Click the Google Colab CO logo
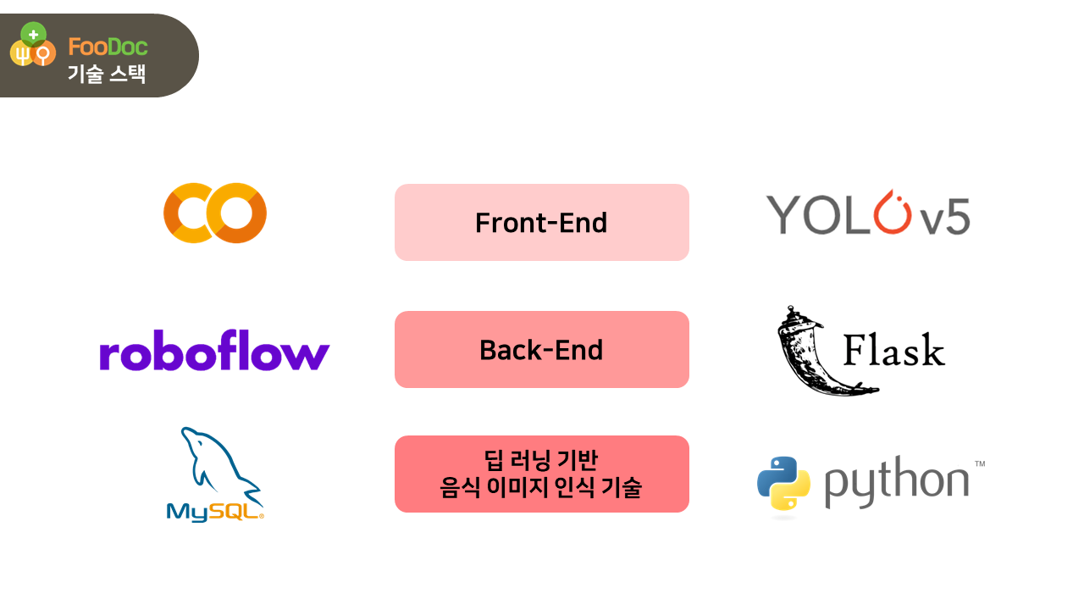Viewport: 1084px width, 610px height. [x=215, y=213]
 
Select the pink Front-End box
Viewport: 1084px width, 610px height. [x=541, y=222]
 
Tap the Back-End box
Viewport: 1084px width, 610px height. [x=541, y=349]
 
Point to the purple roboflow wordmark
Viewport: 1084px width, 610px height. [x=214, y=353]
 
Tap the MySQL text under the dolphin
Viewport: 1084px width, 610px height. [x=214, y=512]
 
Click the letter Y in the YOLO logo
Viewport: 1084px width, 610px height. [x=783, y=215]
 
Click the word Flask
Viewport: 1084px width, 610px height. [x=893, y=350]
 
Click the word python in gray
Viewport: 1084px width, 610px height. [x=896, y=483]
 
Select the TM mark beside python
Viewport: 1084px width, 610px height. [x=980, y=463]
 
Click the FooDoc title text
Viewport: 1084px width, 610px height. [x=108, y=47]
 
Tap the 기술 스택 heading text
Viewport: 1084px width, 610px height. [x=107, y=74]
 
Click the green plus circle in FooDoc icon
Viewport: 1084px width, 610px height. [x=33, y=35]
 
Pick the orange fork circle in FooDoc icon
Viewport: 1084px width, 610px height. [x=21, y=54]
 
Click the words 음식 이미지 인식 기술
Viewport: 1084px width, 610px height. [x=541, y=488]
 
